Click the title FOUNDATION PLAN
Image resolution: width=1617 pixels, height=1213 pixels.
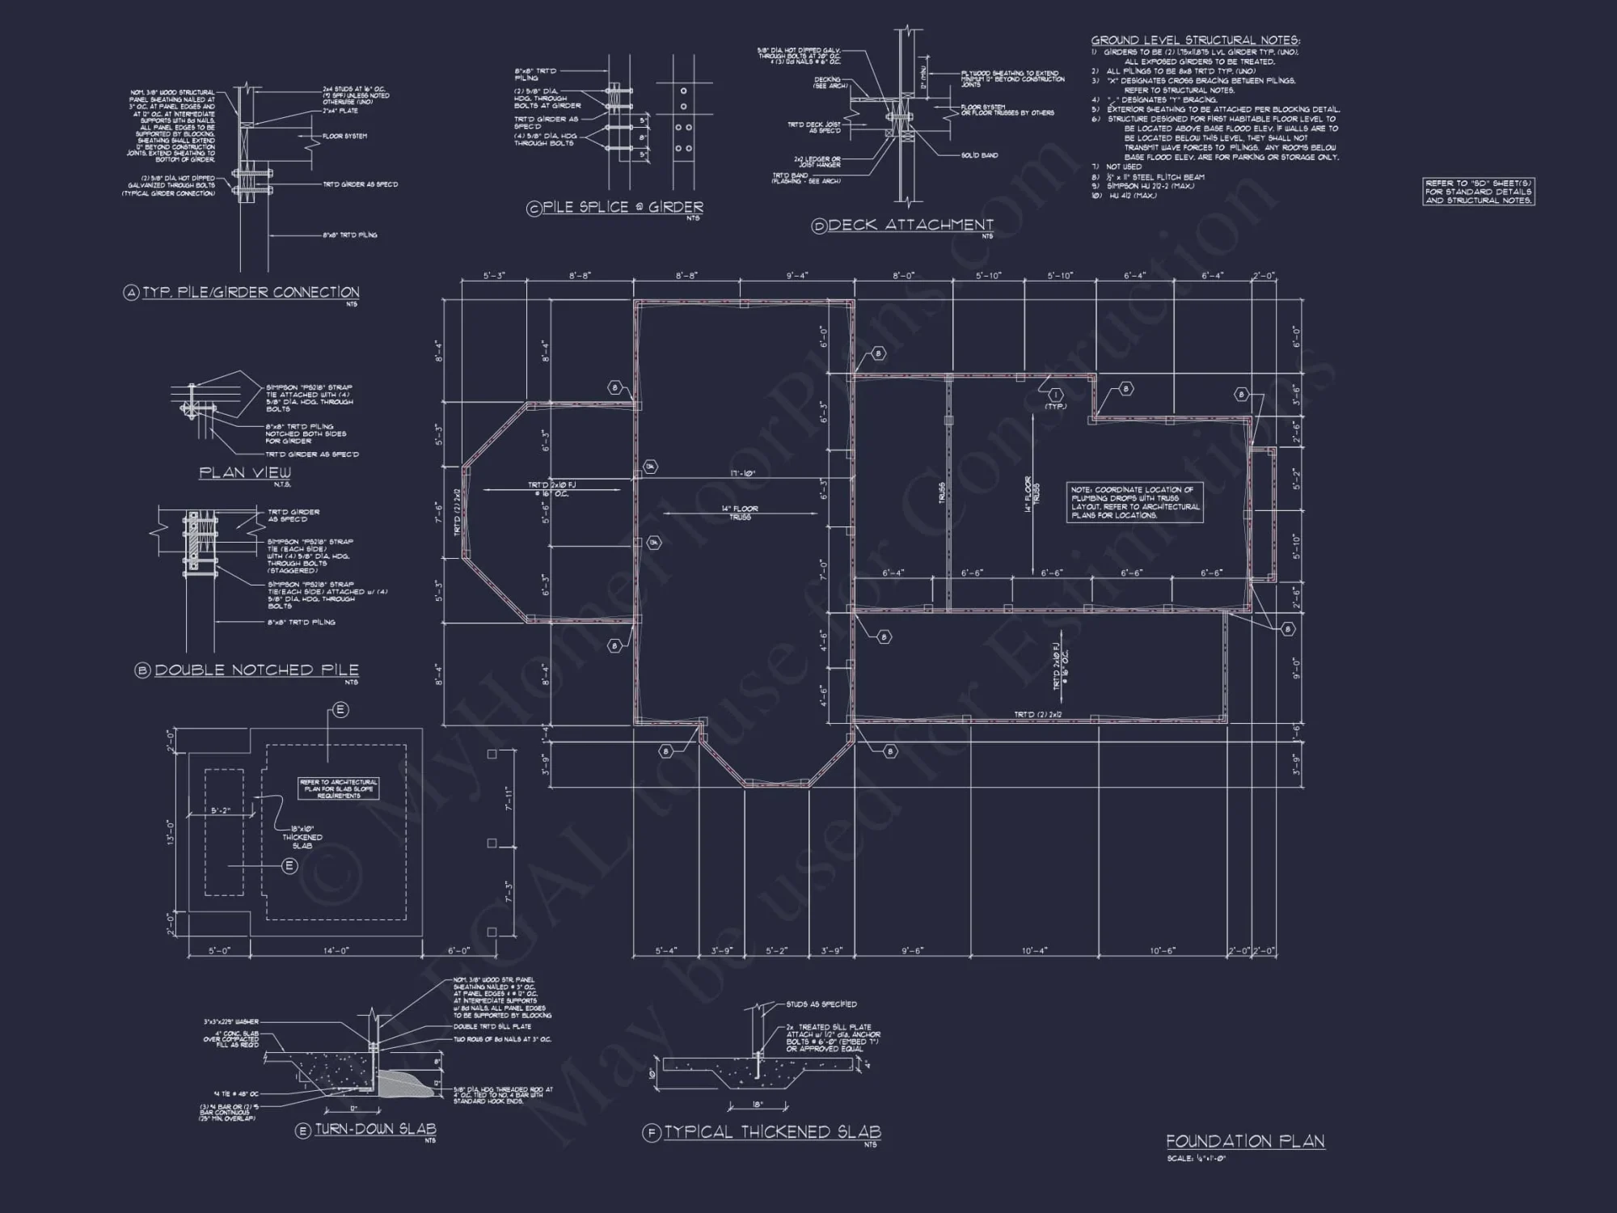[x=1244, y=1141]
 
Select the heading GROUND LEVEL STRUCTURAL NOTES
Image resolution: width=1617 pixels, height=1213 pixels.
[x=1195, y=40]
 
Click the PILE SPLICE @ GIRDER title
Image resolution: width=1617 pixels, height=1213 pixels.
[x=623, y=207]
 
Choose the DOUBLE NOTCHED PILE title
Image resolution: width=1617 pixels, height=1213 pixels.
[x=256, y=670]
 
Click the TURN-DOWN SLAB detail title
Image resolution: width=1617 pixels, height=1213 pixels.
[x=375, y=1130]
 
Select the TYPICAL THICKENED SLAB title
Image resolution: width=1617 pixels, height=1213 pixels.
[x=772, y=1132]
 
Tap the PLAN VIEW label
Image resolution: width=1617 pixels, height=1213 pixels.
[x=245, y=472]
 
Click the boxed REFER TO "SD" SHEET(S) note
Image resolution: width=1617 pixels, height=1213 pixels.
[x=1478, y=192]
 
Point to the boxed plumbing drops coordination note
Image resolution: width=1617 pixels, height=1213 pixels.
[x=1135, y=502]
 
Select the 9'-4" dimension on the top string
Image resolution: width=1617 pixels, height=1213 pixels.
[x=797, y=276]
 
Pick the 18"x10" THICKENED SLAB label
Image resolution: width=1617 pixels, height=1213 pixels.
[x=302, y=837]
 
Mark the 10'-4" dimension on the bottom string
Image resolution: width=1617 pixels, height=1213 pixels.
[x=1034, y=951]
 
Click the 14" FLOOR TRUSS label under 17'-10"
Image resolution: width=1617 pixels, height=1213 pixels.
[x=740, y=513]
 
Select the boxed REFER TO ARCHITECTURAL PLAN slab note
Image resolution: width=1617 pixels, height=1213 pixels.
[x=339, y=788]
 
